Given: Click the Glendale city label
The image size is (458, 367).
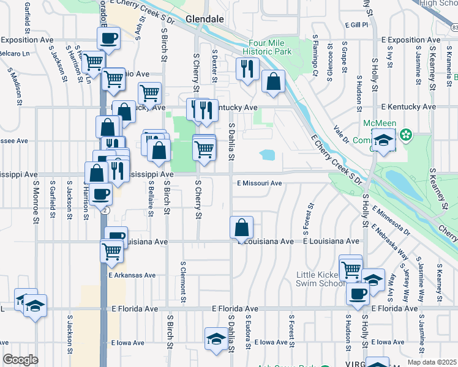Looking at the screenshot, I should pos(205,19).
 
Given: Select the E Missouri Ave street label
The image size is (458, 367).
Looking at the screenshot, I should pos(260,183).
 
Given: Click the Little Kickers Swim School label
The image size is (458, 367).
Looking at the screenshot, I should pos(320,279).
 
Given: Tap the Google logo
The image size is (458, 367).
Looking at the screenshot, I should pos(20,360).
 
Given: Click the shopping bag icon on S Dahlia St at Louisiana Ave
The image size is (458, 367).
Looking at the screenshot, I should pos(242,228).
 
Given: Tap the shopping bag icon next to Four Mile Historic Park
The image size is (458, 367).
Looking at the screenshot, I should pos(273,81).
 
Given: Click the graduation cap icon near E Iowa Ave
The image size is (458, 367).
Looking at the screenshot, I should pos(216,340).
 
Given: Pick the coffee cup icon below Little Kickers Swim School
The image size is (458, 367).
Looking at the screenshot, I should pos(358,293).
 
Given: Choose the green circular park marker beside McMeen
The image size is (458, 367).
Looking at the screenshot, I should pos(405,134).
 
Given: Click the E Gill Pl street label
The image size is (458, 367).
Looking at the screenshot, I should pos(356,25).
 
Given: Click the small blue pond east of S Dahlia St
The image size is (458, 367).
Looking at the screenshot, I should pos(267,155).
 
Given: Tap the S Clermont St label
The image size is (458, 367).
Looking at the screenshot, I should pos(183,282).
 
